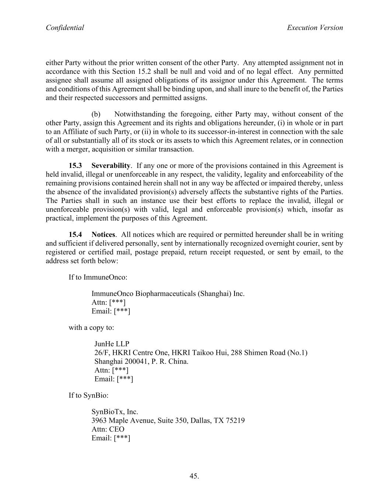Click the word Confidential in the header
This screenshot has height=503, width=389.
click(x=65, y=28)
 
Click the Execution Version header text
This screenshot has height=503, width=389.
click(x=315, y=28)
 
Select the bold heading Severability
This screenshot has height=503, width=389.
click(x=111, y=165)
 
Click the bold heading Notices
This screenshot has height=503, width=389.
click(x=103, y=234)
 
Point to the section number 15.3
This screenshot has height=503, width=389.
click(x=75, y=165)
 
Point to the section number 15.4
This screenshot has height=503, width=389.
click(x=75, y=234)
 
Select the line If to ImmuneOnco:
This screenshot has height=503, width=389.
click(x=98, y=277)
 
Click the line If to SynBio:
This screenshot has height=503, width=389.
click(x=88, y=395)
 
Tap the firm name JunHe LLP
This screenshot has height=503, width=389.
click(x=112, y=344)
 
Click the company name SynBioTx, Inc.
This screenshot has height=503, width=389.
click(x=115, y=412)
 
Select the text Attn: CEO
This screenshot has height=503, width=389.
click(x=108, y=429)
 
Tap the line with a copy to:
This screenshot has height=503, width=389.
click(x=91, y=328)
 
